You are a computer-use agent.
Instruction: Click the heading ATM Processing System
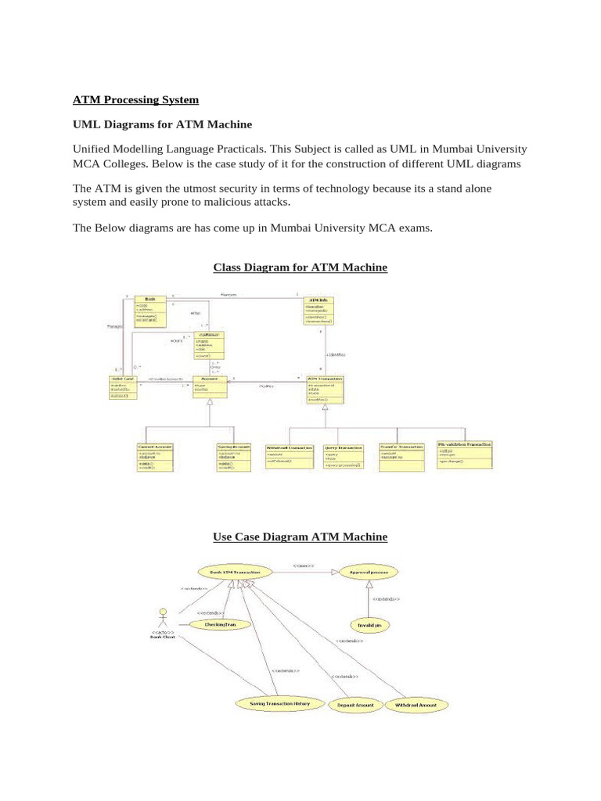[x=135, y=100]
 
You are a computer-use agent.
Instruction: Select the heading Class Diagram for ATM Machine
[x=300, y=268]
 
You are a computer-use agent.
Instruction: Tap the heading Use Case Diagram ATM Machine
[x=300, y=537]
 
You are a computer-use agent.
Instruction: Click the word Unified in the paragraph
[x=94, y=149]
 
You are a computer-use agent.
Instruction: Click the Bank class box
[x=151, y=311]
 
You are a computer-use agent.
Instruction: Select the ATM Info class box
[x=318, y=311]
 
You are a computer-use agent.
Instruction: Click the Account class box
[x=210, y=386]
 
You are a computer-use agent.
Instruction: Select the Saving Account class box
[x=234, y=457]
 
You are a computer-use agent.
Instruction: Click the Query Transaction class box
[x=344, y=456]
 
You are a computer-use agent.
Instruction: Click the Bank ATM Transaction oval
[x=235, y=573]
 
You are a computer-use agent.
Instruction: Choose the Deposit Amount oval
[x=355, y=705]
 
